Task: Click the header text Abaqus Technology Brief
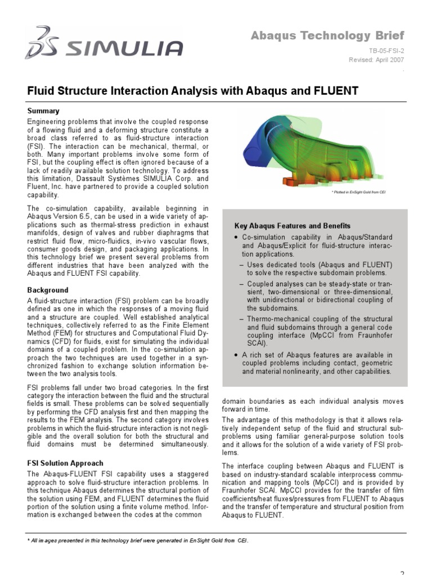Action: [x=327, y=36]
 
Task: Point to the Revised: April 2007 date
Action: [x=376, y=59]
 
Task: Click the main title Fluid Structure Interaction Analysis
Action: [x=193, y=90]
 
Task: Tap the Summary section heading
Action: [x=43, y=111]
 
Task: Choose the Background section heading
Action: [x=48, y=290]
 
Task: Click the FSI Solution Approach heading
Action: [x=65, y=463]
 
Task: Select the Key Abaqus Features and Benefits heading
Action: [x=292, y=226]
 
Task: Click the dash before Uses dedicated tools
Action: [x=242, y=264]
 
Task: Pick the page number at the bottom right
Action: [x=402, y=572]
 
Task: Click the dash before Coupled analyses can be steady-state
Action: [x=242, y=284]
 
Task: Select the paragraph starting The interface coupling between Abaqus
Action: [x=313, y=490]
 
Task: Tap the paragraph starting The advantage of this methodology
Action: [x=313, y=436]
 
